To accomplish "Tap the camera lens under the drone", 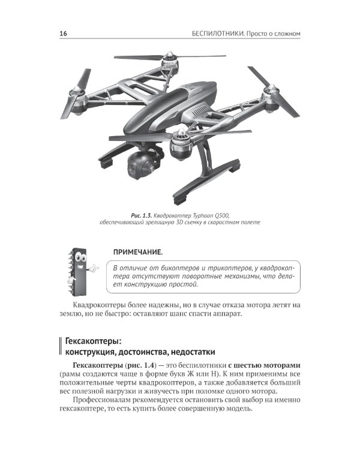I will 136,171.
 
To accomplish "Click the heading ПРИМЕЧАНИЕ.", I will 138,252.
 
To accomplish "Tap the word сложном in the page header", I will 284,34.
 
